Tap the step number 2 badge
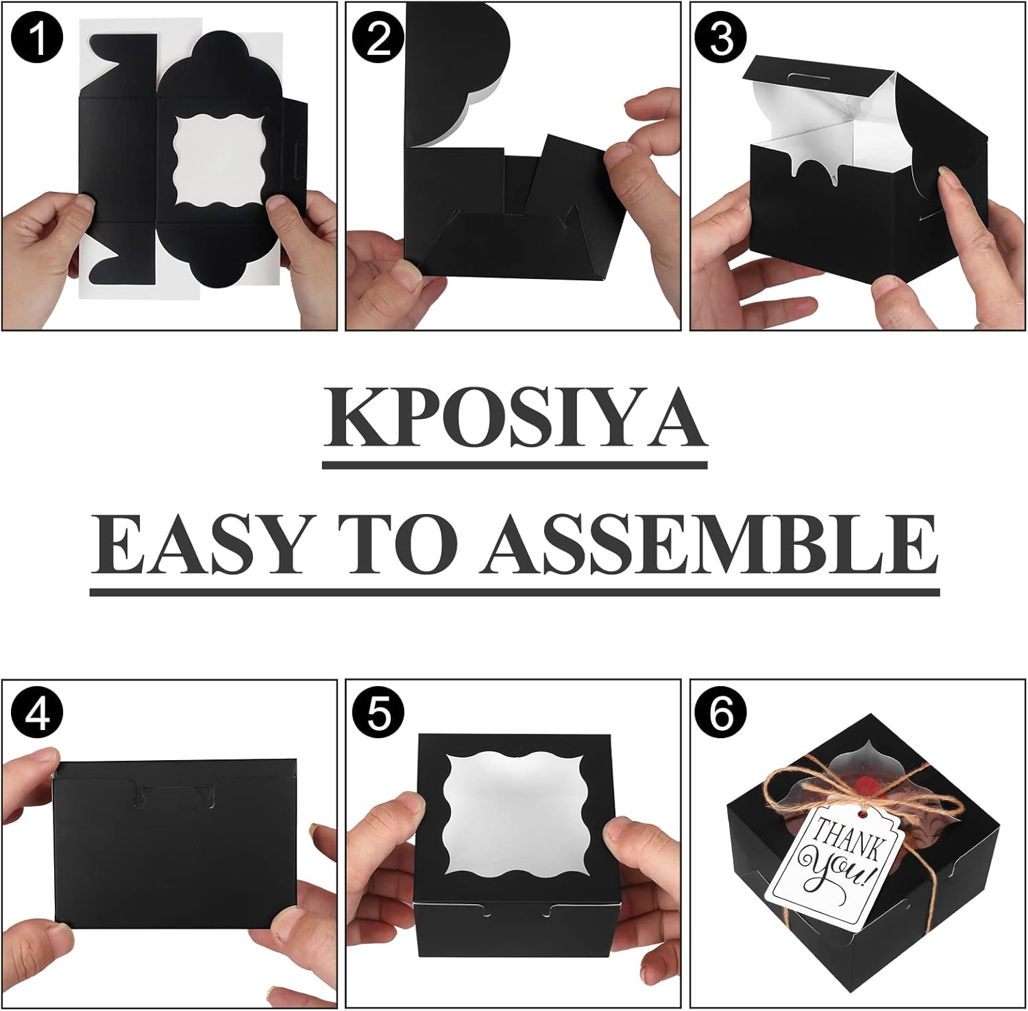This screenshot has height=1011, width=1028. click(x=379, y=37)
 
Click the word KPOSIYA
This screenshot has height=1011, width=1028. click(x=515, y=418)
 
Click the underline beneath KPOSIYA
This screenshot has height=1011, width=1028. click(x=515, y=465)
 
